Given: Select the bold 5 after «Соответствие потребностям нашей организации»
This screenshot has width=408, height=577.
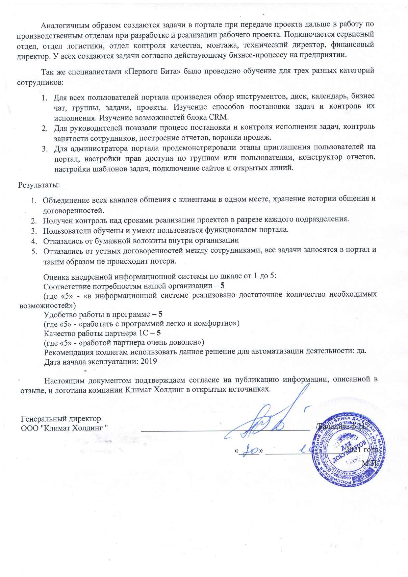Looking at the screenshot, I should point(222,286).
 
